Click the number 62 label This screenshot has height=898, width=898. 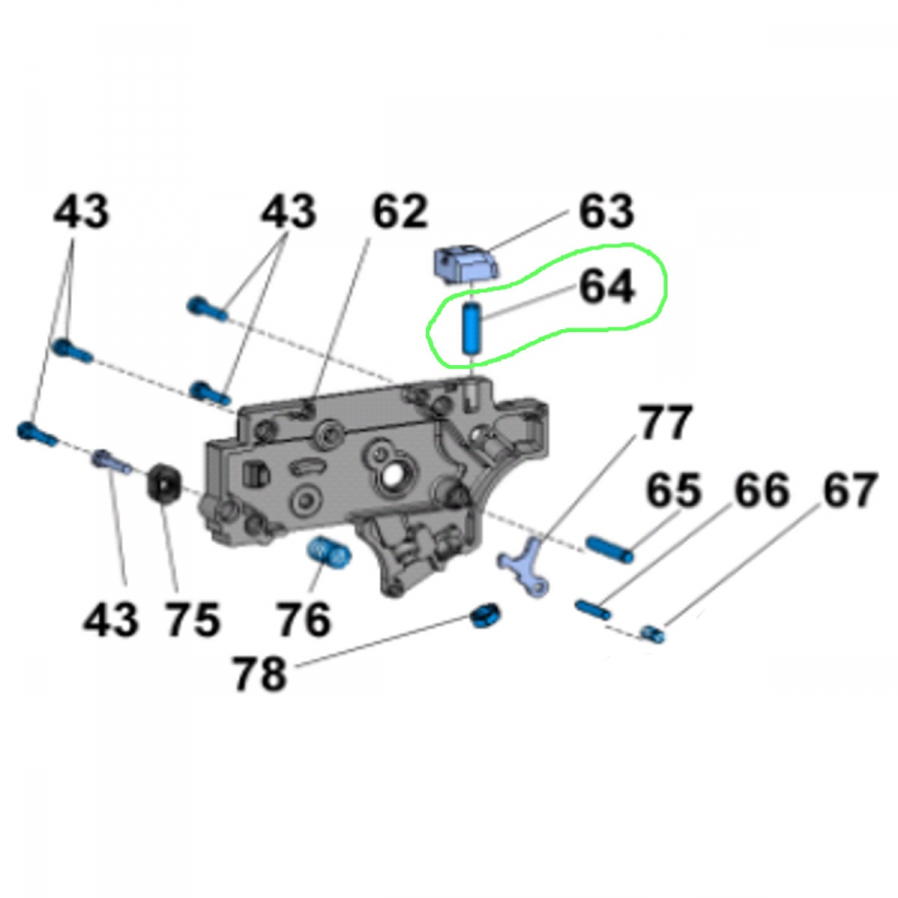pyautogui.click(x=400, y=212)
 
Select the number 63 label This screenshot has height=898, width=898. pyautogui.click(x=607, y=212)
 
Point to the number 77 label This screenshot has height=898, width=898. pyautogui.click(x=666, y=423)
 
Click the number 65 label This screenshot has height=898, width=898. pyautogui.click(x=673, y=490)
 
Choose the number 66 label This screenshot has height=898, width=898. pyautogui.click(x=761, y=490)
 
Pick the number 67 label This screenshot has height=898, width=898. pyautogui.click(x=850, y=490)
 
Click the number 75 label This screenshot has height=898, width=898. pyautogui.click(x=193, y=619)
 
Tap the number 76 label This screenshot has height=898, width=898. pyautogui.click(x=303, y=619)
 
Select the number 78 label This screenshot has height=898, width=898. pyautogui.click(x=258, y=673)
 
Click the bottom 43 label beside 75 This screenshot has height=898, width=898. pyautogui.click(x=111, y=619)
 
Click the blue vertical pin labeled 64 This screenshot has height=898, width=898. pyautogui.click(x=471, y=329)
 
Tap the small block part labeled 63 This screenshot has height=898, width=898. pyautogui.click(x=465, y=264)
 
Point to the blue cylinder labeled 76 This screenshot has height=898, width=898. pyautogui.click(x=329, y=553)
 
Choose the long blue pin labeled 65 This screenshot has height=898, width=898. pyautogui.click(x=610, y=549)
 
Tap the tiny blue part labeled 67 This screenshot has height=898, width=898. pyautogui.click(x=652, y=634)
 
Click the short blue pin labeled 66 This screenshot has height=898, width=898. pyautogui.click(x=593, y=609)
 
